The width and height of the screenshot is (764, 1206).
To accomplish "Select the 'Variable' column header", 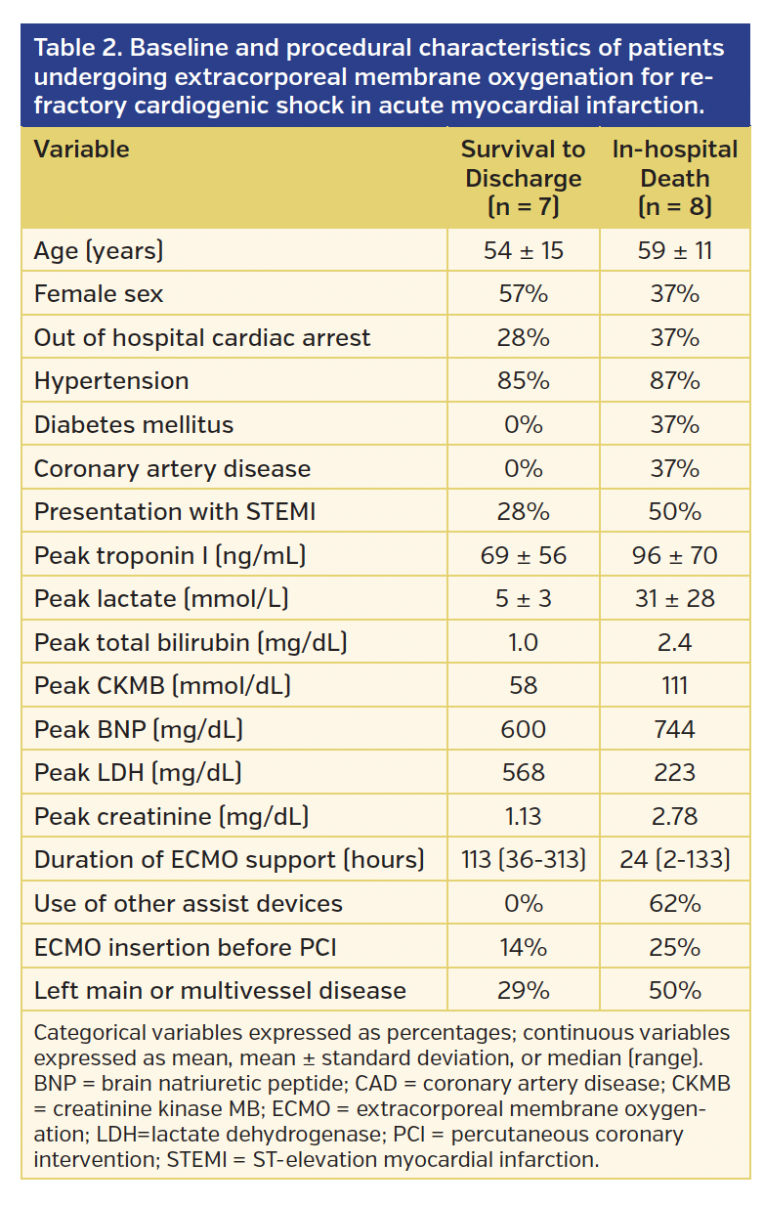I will click(82, 150).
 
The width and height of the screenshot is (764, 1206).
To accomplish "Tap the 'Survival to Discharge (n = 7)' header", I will click(523, 178).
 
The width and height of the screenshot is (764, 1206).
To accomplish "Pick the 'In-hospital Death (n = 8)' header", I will click(674, 178).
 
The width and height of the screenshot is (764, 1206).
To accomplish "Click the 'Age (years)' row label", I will click(99, 251).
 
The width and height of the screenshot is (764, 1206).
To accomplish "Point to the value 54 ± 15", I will click(523, 251).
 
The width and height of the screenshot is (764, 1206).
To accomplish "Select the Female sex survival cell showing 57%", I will click(523, 294).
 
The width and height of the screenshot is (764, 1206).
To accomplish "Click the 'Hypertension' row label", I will click(111, 381).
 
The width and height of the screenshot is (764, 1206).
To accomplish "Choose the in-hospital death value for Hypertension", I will click(674, 381).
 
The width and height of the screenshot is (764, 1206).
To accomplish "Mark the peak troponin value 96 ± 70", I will click(674, 556).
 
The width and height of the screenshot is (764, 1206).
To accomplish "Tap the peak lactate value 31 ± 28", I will click(674, 599).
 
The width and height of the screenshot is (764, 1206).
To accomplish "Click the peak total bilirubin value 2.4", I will click(674, 642).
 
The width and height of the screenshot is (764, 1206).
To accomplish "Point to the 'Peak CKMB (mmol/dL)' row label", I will click(151, 686).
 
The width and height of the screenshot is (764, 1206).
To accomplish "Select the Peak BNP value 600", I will click(523, 730).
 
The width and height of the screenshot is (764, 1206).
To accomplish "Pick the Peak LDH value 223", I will click(674, 773).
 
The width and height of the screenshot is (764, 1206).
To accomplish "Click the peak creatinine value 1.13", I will click(523, 816).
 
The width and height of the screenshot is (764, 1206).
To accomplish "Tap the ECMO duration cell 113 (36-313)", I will click(523, 860).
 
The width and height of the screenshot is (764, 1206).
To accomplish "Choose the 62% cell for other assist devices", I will click(674, 903).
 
